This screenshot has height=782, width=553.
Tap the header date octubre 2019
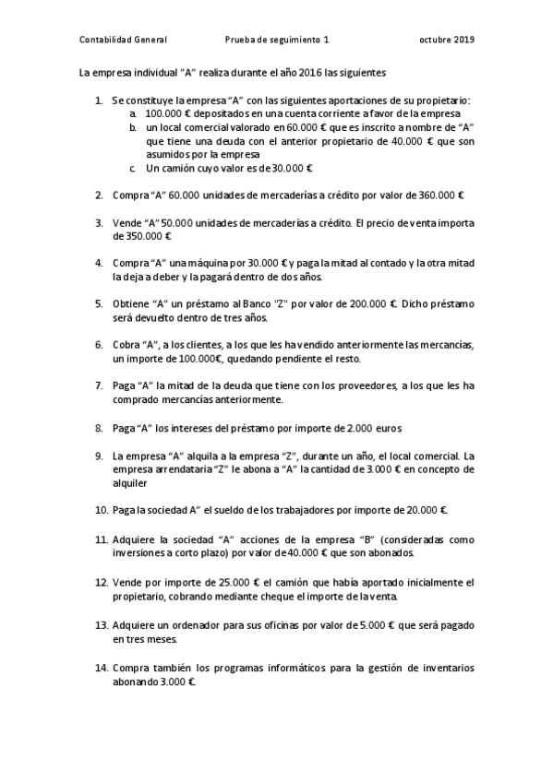(x=446, y=40)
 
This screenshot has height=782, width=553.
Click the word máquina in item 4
(x=207, y=262)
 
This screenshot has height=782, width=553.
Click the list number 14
(x=101, y=666)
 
